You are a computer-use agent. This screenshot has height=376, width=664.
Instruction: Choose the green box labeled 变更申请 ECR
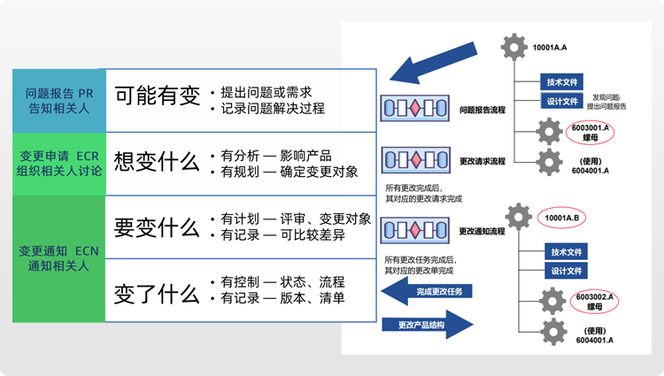point(58,163)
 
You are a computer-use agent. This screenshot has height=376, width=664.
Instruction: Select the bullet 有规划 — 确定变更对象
point(283,173)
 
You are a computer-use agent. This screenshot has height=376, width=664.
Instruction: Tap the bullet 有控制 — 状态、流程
point(276,281)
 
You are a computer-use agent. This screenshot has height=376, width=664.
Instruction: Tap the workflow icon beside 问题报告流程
point(412,110)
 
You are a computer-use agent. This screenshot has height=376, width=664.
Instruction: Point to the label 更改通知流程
point(483,231)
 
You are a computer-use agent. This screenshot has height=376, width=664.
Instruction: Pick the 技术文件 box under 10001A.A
point(563,82)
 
